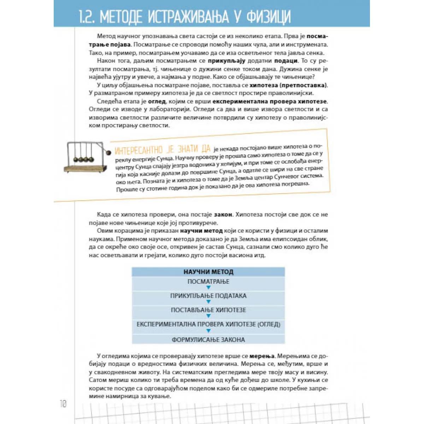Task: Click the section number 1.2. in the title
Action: pyautogui.click(x=87, y=17)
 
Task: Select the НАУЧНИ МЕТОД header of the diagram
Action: pyautogui.click(x=208, y=272)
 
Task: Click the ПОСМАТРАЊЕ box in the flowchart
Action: pyautogui.click(x=208, y=282)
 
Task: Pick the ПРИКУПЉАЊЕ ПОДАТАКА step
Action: pyautogui.click(x=208, y=296)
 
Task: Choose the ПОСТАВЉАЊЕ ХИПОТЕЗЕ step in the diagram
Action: pyautogui.click(x=208, y=310)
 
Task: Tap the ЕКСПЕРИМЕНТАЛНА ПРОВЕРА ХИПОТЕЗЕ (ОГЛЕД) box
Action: pyautogui.click(x=208, y=324)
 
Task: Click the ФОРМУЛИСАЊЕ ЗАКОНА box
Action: pyautogui.click(x=208, y=340)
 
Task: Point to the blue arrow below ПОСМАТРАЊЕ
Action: pyautogui.click(x=208, y=288)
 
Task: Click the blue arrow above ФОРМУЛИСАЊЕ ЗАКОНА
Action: pyautogui.click(x=208, y=331)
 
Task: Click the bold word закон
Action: pyautogui.click(x=223, y=214)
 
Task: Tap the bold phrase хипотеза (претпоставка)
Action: pyautogui.click(x=288, y=85)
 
